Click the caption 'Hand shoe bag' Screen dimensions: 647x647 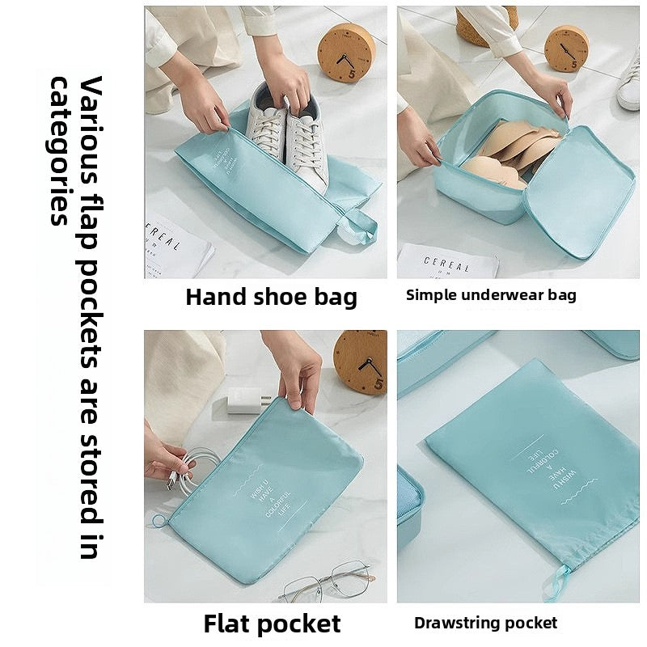point(271,297)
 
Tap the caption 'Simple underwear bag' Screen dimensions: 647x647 point(491,295)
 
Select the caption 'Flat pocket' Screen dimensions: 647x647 point(272,624)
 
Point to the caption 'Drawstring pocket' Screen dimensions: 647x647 point(485,623)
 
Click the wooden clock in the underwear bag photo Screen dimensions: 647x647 point(566,49)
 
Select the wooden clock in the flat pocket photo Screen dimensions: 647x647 point(361,362)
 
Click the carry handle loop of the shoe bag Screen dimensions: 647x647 point(358,227)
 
